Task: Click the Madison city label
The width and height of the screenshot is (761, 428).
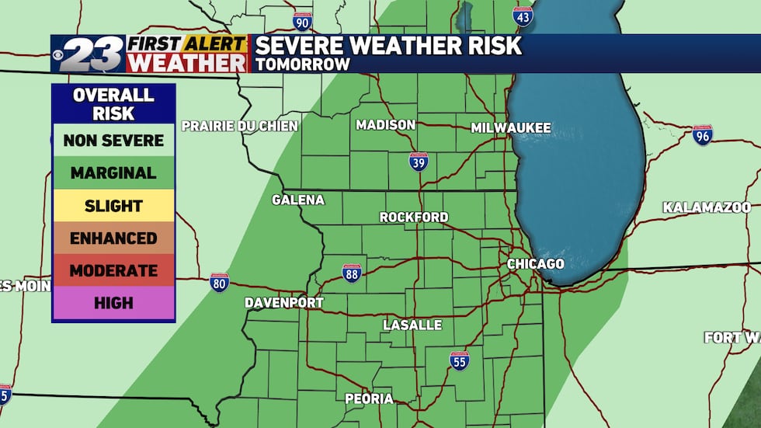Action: point(385,125)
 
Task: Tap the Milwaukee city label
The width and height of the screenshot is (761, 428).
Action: point(511,127)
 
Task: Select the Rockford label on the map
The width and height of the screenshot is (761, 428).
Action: point(414,217)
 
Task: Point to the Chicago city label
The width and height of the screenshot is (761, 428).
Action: point(535,264)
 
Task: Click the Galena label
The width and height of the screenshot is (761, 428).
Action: point(297,200)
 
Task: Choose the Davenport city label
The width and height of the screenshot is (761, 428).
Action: point(284,302)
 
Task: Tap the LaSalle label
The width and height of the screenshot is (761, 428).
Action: point(412,325)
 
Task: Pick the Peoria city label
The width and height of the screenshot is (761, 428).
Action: point(370,398)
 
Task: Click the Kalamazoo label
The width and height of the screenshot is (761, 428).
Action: point(707,207)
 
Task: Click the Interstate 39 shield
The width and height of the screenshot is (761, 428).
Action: point(419,162)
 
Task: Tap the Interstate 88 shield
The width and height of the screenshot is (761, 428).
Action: point(352,273)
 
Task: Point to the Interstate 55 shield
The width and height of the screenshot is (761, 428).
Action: point(460,360)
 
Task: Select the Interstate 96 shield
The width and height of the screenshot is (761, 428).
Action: point(703,134)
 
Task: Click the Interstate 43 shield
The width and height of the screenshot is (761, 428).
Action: point(523,16)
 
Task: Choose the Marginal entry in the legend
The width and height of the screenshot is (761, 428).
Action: point(113,173)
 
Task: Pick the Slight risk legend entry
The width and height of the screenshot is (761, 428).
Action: point(113,206)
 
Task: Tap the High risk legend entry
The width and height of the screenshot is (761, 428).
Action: point(113,303)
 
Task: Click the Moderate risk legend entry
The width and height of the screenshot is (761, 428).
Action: point(113,270)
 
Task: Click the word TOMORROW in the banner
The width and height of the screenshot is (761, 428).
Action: point(304,64)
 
